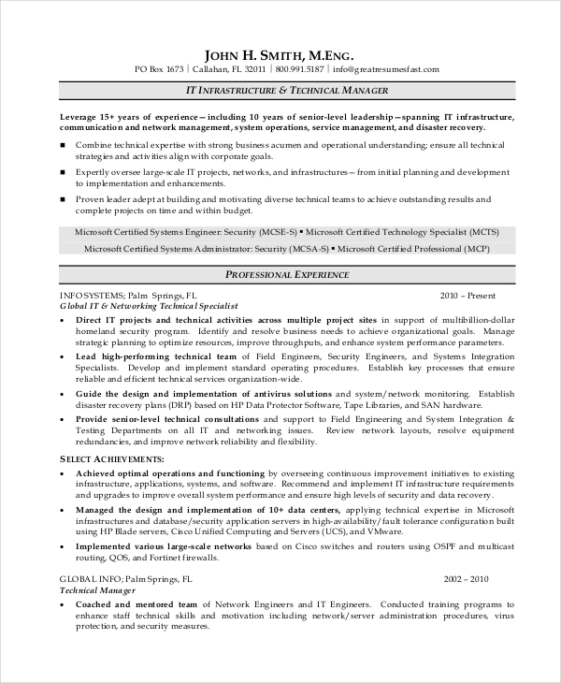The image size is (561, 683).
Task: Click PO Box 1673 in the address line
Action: click(x=160, y=69)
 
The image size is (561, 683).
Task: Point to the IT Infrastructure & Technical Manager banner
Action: click(x=280, y=91)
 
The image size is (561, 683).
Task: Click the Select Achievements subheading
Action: click(x=111, y=459)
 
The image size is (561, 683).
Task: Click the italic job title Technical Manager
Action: click(x=97, y=591)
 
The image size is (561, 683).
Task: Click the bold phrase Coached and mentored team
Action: click(x=137, y=604)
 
